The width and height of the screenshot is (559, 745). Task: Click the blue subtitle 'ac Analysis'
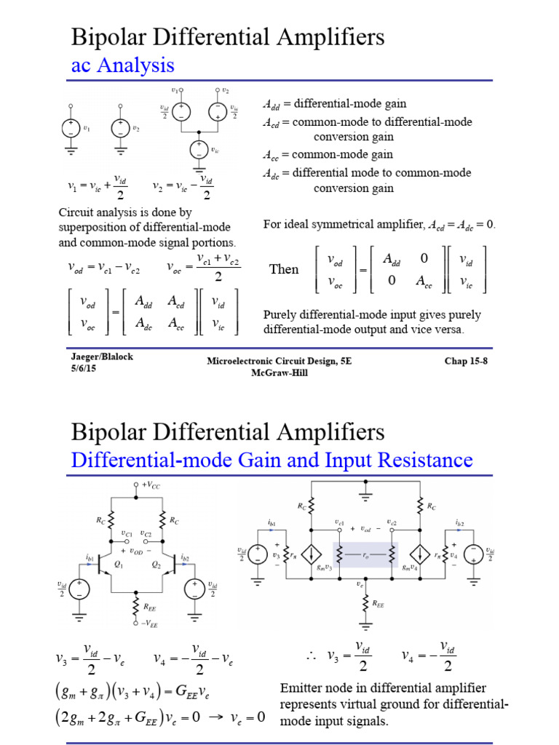click(x=122, y=65)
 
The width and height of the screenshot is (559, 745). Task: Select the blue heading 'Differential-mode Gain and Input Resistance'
click(x=271, y=460)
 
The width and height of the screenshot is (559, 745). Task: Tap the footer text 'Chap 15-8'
click(x=467, y=361)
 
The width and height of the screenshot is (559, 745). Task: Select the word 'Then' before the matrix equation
click(x=284, y=270)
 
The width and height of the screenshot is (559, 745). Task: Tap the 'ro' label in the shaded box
click(x=368, y=554)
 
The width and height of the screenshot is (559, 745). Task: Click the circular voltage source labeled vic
click(x=199, y=150)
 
